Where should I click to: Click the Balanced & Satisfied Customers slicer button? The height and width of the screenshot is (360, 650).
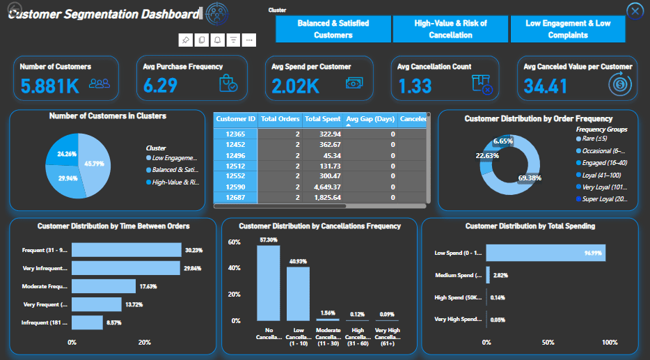[333, 29]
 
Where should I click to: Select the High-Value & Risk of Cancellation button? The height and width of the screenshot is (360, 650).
[450, 29]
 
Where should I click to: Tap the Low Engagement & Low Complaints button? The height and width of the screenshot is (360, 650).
[568, 29]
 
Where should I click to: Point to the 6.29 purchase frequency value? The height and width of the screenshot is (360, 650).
[160, 86]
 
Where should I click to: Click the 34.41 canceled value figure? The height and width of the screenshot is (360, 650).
[546, 86]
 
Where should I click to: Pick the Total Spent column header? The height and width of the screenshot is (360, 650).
[322, 119]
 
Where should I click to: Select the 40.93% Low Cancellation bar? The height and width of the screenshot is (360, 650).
[298, 293]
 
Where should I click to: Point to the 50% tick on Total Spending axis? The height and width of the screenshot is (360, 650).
[548, 343]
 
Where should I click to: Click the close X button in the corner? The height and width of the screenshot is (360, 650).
[635, 11]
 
